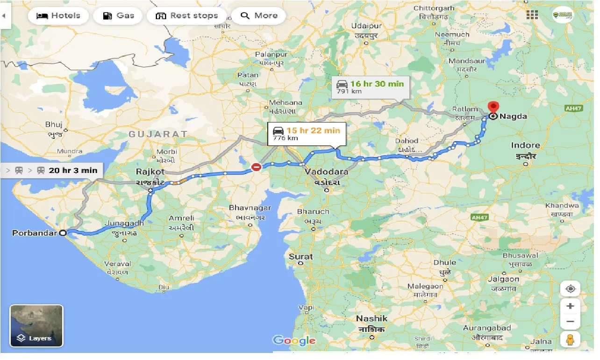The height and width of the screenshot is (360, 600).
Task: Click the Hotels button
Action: tap(58, 16)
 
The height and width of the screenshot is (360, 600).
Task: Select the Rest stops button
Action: tap(186, 16)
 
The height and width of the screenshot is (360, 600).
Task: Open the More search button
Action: tap(258, 16)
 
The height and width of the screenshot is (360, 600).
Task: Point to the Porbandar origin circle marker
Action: tap(63, 232)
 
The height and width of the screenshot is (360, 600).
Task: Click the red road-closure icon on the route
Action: tap(256, 167)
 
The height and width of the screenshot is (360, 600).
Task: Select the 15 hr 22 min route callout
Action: tap(307, 134)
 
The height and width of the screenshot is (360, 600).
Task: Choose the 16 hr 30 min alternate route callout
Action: tap(371, 87)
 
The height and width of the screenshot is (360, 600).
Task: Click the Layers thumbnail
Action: tap(36, 325)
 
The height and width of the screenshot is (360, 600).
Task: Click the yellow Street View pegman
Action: tap(570, 339)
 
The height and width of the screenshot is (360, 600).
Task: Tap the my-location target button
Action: tap(570, 289)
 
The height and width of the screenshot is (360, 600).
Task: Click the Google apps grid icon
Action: tap(532, 14)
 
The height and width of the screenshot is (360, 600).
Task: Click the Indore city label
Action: tap(525, 145)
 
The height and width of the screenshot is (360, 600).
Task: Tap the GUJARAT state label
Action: tap(158, 134)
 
